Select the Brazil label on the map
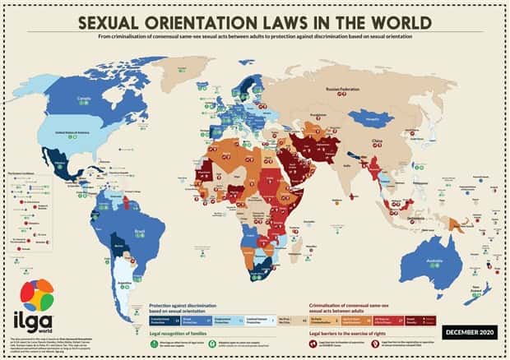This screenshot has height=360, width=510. click(163, 209)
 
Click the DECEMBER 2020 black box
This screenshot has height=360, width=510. click(469, 331)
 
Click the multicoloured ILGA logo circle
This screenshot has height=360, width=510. click(37, 297)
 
